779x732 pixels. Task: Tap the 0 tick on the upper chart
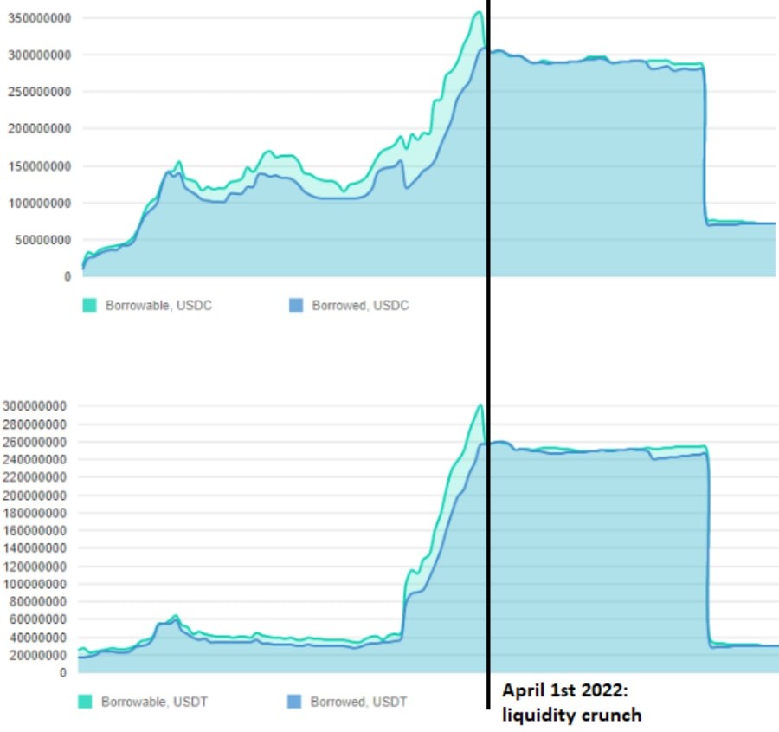coord(67,277)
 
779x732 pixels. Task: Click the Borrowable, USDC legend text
coord(158,306)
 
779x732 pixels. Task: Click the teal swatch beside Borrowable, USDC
coord(89,306)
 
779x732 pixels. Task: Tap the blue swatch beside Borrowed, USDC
coord(296,306)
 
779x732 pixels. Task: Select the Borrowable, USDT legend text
coord(154,702)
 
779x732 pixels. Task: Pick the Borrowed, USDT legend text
coord(358,702)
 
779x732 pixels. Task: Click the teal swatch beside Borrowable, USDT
coord(85,702)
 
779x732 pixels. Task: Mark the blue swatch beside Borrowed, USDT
coord(293,702)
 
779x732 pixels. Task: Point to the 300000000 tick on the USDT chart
coord(36,406)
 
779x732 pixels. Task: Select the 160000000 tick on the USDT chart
coord(36,530)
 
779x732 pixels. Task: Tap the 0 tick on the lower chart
coord(62,672)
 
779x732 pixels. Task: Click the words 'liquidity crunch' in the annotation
coord(571,715)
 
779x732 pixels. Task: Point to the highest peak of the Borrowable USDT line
coord(480,405)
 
